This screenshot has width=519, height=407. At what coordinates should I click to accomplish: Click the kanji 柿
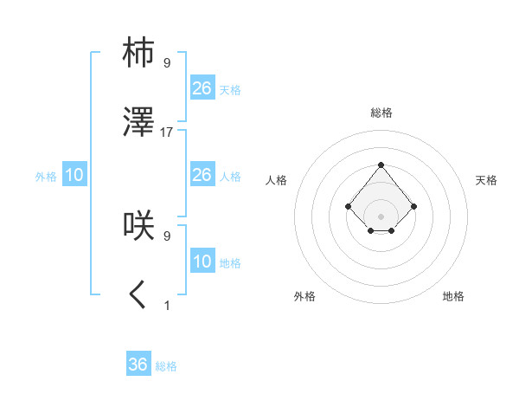point(138,53)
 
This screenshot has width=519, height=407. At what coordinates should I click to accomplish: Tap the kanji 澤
point(138,125)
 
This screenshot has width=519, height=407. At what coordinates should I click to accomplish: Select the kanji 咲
point(138,226)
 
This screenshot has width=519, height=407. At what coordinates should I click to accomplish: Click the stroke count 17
point(167,132)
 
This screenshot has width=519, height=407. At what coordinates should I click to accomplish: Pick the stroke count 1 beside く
point(167,305)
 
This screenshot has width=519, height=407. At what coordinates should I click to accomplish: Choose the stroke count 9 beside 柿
point(167,61)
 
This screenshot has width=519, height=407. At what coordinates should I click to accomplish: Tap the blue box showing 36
point(138,365)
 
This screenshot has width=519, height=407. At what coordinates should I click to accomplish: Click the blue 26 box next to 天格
point(202,87)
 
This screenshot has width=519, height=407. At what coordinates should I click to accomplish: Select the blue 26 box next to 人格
point(202,175)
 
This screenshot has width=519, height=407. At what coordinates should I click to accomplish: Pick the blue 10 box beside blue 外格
point(74,175)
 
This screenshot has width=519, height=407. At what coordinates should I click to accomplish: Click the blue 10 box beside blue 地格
point(202,262)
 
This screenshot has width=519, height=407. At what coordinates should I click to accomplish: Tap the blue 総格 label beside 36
point(166,366)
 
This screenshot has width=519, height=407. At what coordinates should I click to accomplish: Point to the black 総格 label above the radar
point(381,113)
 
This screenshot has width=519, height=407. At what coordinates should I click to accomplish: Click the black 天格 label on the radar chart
point(486,180)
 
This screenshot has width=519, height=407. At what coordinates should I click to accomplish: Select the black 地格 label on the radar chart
point(453,296)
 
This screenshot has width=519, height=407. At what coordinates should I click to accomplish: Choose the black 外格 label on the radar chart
point(304,296)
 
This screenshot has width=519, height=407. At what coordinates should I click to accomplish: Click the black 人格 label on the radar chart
point(277,180)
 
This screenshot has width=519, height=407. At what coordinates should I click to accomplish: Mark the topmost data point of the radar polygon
point(381,165)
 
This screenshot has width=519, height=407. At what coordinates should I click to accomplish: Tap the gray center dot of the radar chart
point(381,216)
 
